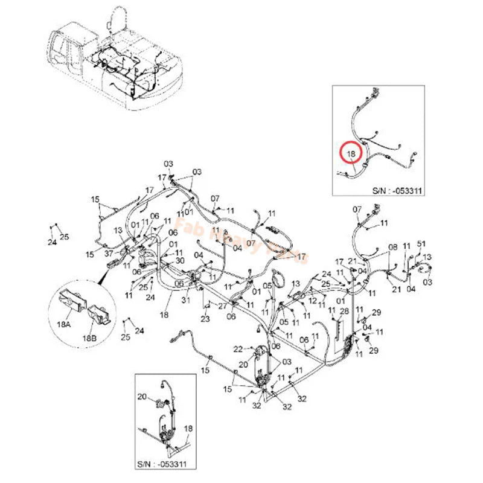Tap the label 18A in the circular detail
(x=64, y=325)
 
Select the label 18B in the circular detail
(x=89, y=337)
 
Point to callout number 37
(x=109, y=254)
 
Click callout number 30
(x=180, y=260)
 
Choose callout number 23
(x=205, y=319)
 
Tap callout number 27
(x=223, y=306)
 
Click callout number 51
(x=422, y=244)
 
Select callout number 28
(x=345, y=311)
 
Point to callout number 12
(x=313, y=300)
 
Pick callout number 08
(x=393, y=247)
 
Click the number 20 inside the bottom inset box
(x=142, y=397)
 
